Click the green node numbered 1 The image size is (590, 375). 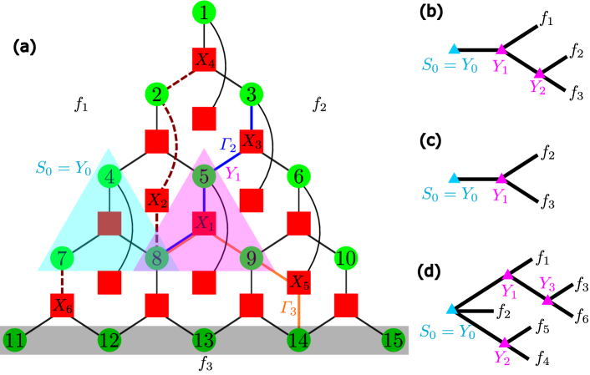point(204,13)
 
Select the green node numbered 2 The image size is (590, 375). point(156,94)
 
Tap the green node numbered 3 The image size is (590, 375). point(252,94)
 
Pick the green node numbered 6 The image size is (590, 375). point(299,177)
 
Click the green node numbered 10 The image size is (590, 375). point(346,259)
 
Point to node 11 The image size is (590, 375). point(14,341)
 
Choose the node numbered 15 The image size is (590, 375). point(394,341)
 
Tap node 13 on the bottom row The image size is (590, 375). point(204,341)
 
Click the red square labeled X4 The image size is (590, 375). point(204,59)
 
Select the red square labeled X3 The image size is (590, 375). point(252,141)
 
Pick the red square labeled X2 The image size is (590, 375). point(157,200)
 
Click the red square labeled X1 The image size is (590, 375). point(204,223)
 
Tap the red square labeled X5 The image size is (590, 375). point(299,282)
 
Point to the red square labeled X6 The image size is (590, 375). point(62,306)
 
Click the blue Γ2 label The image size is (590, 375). point(228,144)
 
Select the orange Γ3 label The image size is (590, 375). point(288,308)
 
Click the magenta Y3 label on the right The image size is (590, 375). point(547,284)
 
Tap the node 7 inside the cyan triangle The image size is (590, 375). point(62,259)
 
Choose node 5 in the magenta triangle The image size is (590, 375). point(204,177)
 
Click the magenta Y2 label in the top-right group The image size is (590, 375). point(537,87)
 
